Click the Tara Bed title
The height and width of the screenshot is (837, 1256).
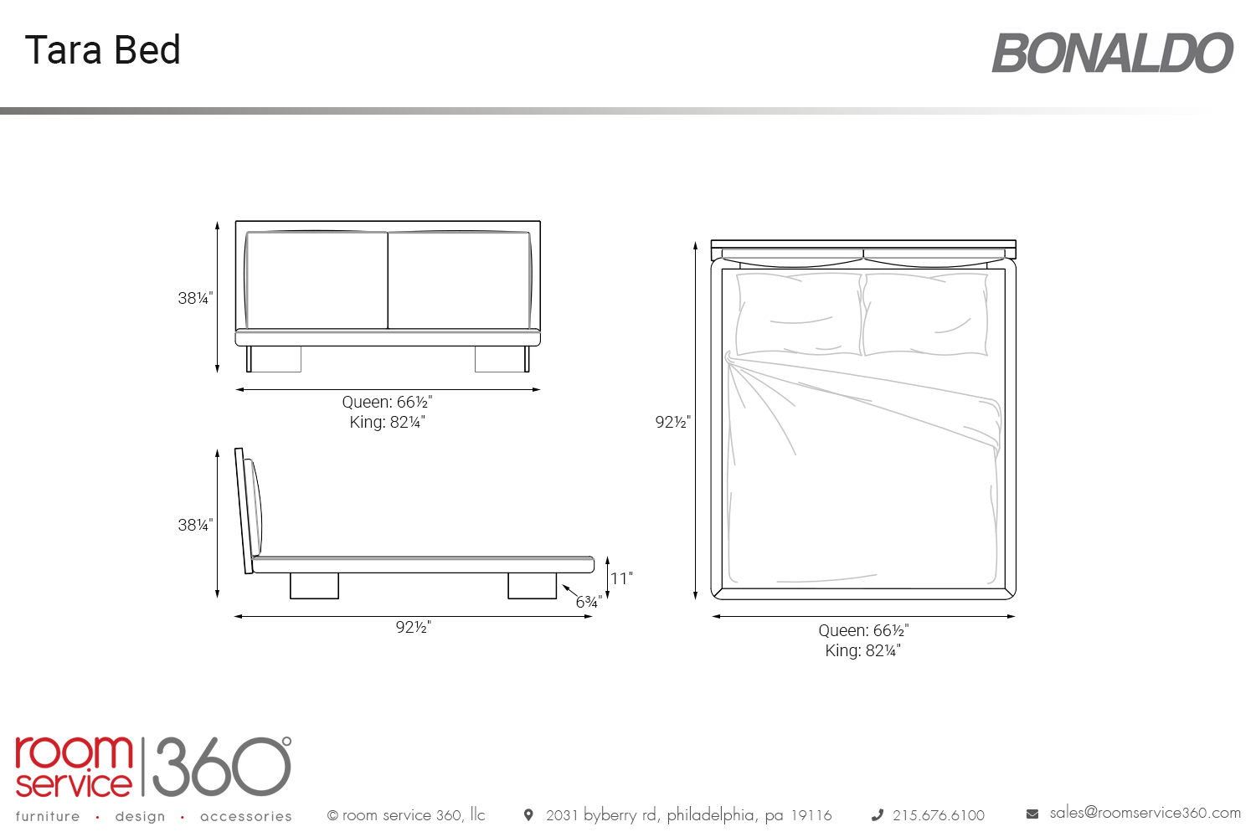[103, 50]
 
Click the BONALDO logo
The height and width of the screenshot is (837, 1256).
[1113, 54]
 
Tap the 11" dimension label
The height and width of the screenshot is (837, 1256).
[621, 578]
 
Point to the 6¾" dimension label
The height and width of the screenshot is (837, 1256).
[589, 602]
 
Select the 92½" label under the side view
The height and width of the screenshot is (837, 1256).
[414, 627]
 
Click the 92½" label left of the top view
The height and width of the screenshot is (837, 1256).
[673, 422]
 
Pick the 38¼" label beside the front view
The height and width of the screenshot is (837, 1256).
[195, 298]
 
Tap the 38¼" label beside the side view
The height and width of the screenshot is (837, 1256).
[195, 525]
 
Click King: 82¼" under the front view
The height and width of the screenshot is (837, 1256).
[388, 422]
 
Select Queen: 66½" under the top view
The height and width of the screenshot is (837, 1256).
[863, 630]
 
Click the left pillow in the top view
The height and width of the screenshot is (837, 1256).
[799, 314]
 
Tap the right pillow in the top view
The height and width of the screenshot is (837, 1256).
[926, 314]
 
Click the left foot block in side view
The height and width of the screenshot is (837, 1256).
[314, 586]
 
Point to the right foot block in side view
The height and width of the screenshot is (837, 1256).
[532, 586]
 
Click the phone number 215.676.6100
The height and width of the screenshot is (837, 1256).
[939, 815]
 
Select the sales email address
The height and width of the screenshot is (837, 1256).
[1145, 813]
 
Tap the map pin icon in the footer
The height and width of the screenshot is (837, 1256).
[528, 815]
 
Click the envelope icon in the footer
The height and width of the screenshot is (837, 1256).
[1032, 814]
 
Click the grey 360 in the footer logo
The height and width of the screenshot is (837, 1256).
[222, 767]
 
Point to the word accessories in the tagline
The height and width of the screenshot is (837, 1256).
[246, 816]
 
